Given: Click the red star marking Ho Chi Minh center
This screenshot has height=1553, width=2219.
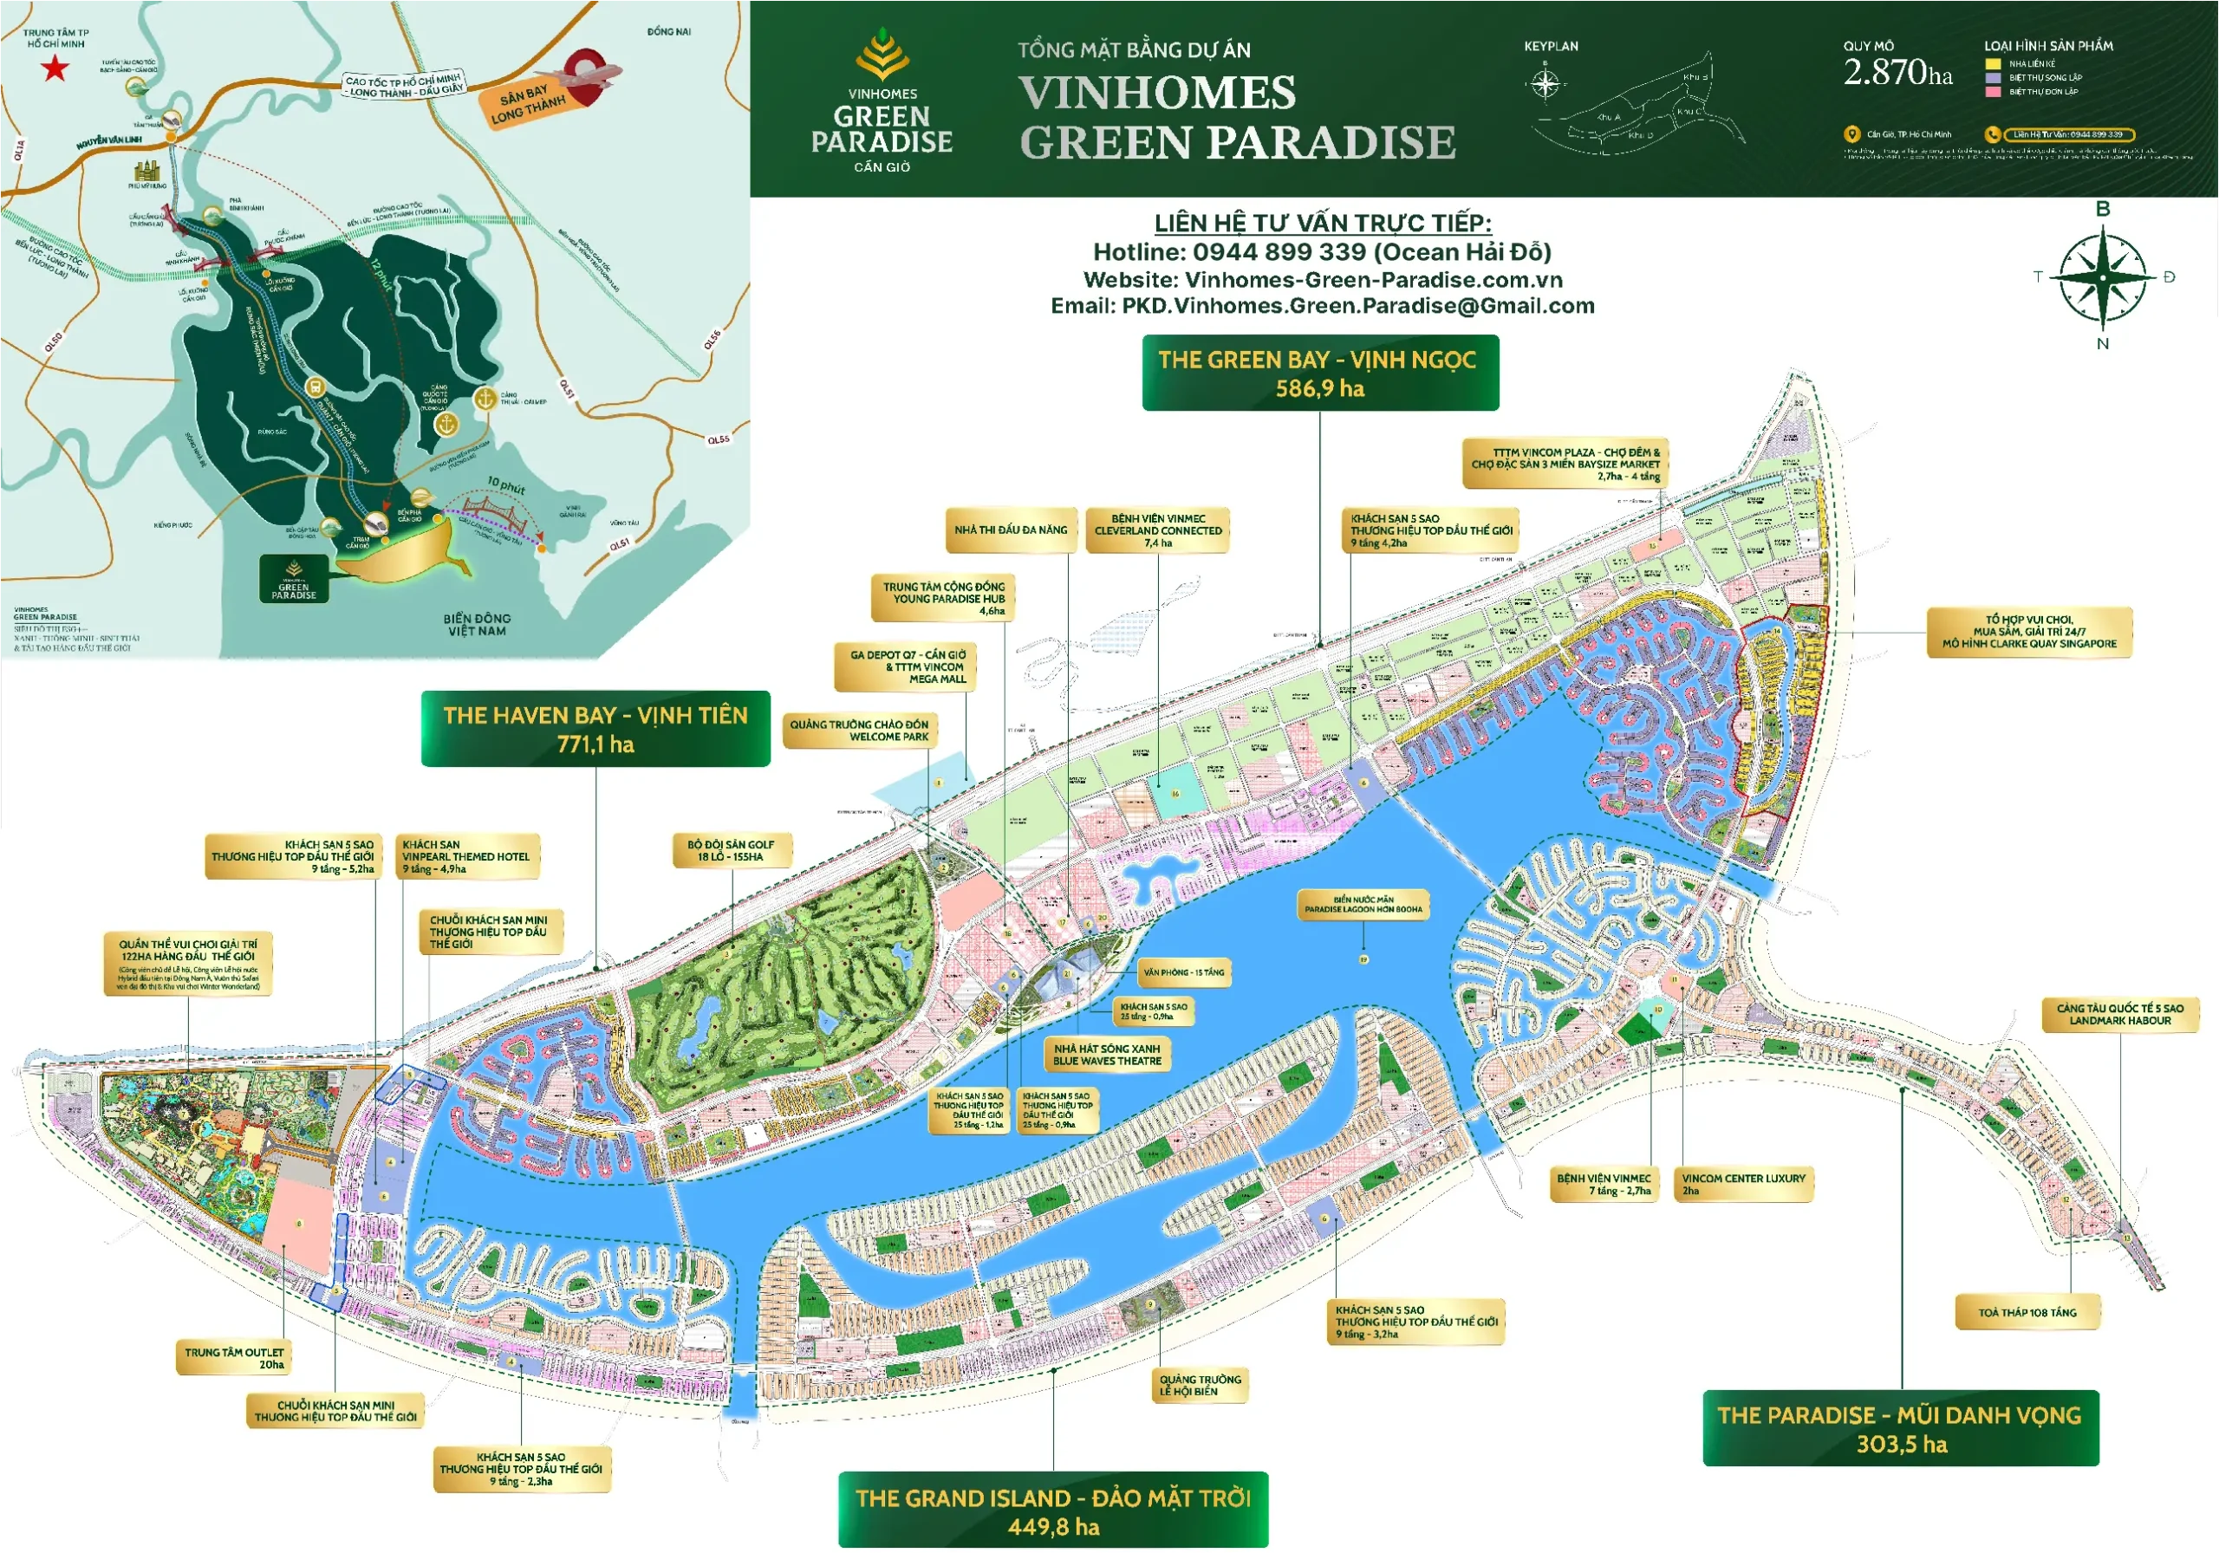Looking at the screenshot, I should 55,68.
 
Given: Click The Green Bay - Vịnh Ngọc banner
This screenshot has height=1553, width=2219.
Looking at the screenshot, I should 1319,373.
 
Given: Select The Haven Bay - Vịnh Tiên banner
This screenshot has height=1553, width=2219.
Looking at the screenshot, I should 595,729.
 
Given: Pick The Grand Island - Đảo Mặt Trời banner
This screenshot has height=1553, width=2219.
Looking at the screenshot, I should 1052,1511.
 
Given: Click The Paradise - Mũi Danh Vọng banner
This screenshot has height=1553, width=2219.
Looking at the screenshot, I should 1900,1428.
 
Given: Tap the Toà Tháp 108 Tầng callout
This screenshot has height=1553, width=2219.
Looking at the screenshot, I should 2027,1312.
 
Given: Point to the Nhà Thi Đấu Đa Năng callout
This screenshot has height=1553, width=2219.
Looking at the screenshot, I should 1010,530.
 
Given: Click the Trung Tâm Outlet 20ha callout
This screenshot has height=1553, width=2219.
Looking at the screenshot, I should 235,1358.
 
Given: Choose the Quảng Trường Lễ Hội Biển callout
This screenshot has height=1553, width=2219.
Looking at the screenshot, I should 1200,1385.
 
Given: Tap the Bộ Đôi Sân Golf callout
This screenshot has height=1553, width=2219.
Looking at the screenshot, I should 731,849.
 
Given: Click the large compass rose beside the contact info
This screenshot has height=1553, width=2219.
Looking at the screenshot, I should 2102,277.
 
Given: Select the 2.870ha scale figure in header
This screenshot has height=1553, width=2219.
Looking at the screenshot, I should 1897,73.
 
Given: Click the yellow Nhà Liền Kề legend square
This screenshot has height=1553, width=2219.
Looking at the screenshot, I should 1992,64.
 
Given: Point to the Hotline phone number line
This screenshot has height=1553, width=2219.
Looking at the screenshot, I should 1321,252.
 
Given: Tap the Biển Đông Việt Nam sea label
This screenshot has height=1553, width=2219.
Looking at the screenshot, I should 477,624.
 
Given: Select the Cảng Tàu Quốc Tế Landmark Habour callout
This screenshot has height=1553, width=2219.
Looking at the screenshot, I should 2119,1014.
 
